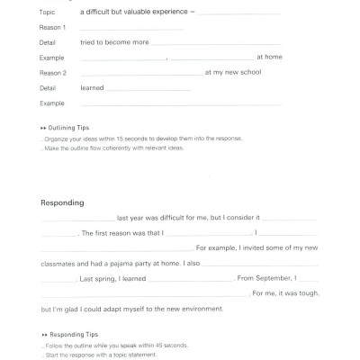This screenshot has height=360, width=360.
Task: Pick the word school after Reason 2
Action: pyautogui.click(x=249, y=72)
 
